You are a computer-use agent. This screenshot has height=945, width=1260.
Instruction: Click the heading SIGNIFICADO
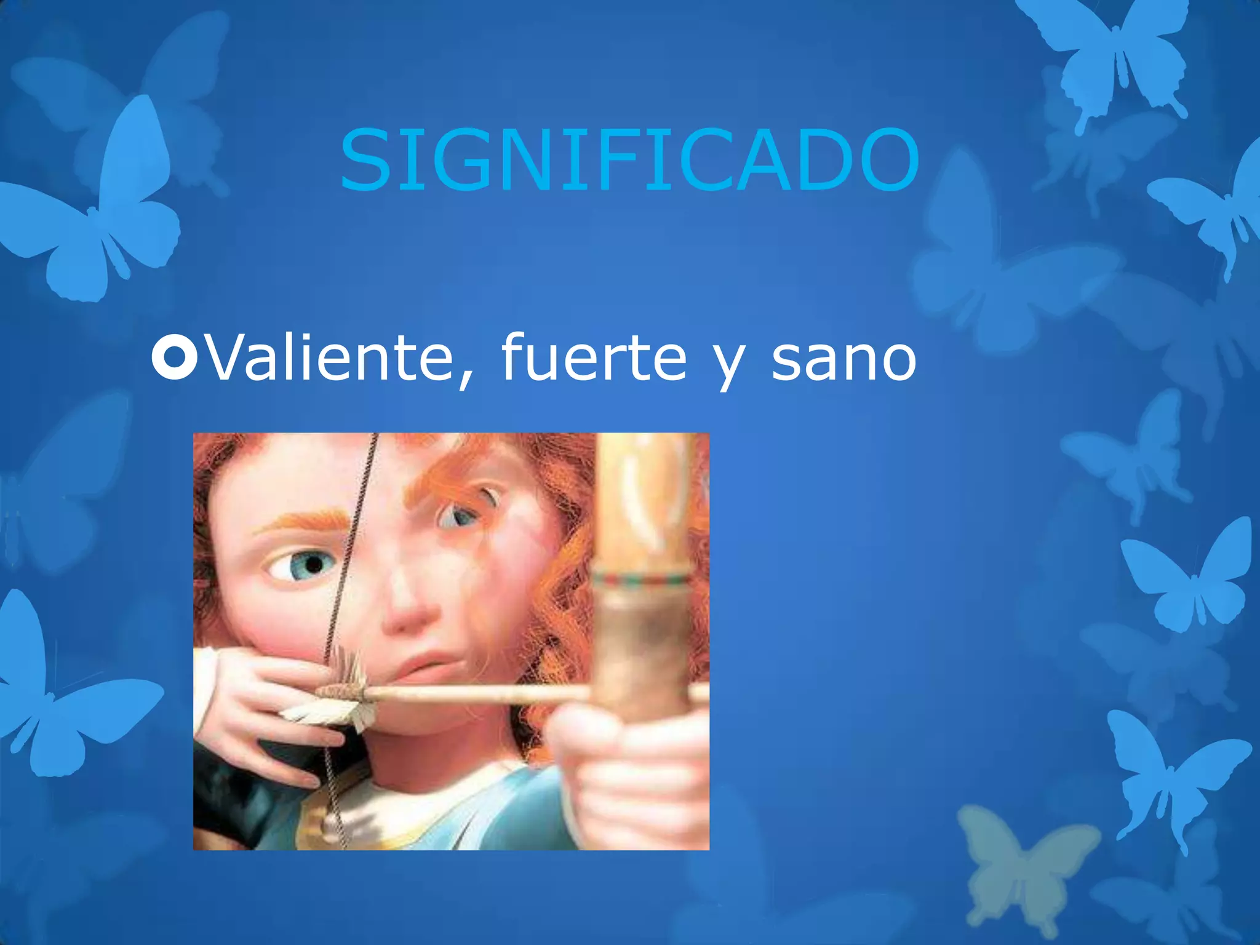(629, 160)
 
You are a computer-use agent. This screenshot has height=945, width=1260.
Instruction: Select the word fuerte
(594, 357)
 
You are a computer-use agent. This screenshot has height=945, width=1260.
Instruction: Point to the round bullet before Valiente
(175, 357)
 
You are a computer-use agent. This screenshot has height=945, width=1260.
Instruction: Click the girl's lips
(431, 668)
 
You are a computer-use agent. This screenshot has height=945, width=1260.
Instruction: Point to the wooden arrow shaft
(480, 694)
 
